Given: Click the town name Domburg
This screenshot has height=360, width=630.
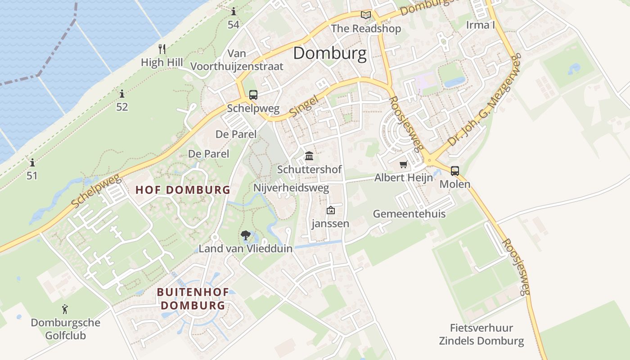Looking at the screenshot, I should tap(330, 54).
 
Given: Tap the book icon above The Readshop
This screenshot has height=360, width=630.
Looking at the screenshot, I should tap(366, 15).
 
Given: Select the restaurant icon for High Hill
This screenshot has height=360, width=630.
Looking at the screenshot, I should tap(162, 49).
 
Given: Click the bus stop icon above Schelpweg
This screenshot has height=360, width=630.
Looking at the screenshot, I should tap(253, 95).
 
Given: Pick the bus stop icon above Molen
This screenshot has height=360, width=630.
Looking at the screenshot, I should tap(455, 171).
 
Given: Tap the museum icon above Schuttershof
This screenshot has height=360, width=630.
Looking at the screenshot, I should tap(309, 156).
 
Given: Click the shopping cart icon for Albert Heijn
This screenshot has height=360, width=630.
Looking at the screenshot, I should tap(403, 164).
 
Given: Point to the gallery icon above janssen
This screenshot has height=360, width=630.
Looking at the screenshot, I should tap(331, 210).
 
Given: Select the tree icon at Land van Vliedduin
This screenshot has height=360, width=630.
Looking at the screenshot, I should tap(245, 234).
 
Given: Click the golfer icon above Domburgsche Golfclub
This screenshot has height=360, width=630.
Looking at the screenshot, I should tap(65, 309).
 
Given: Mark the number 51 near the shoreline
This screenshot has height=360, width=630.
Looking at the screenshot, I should tap(32, 175).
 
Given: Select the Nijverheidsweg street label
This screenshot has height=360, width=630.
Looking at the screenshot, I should tap(291, 188).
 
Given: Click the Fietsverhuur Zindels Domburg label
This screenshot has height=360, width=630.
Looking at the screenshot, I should tap(481, 334).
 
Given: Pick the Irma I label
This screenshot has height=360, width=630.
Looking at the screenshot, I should tap(480, 25).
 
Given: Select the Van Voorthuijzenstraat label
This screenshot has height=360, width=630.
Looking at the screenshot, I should tap(237, 60).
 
